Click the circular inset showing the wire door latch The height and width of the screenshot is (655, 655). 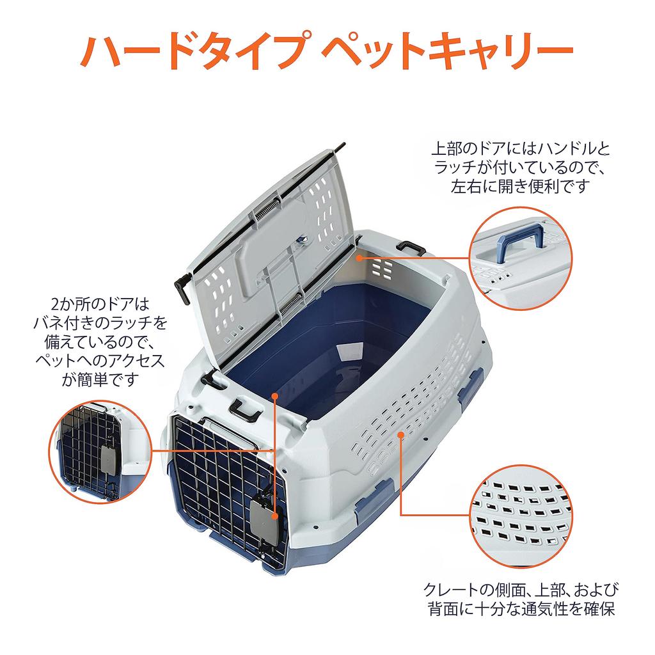click(x=100, y=451)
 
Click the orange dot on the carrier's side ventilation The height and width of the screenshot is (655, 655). click(x=400, y=434)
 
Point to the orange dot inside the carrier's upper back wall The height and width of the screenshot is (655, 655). click(x=359, y=258)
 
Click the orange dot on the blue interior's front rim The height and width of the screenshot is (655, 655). click(x=274, y=395)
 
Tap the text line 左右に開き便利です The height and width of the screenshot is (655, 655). click(x=520, y=186)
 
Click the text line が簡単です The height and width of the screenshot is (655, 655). click(x=100, y=379)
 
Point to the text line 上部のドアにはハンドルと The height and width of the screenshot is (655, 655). click(x=521, y=148)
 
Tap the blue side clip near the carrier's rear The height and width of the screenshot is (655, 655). click(x=471, y=384)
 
